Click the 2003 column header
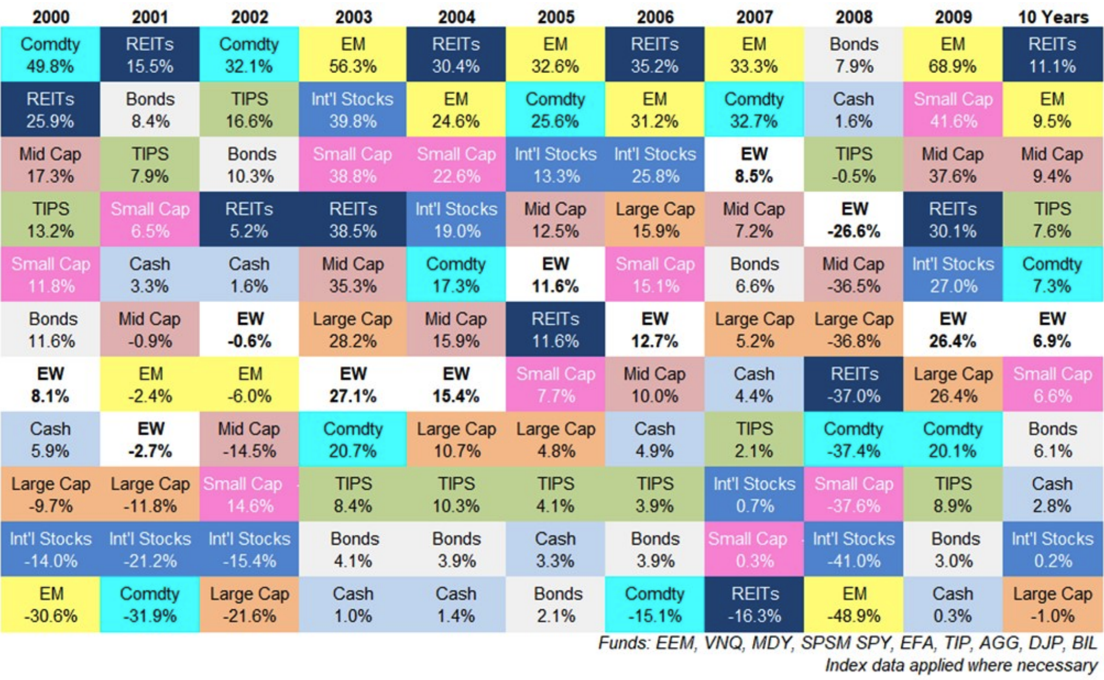(x=353, y=16)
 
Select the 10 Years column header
(x=1052, y=16)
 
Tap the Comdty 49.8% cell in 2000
(x=50, y=55)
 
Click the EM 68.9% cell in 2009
(x=953, y=55)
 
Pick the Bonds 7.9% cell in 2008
(x=853, y=55)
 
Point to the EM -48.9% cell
(x=853, y=604)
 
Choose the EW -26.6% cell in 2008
(x=853, y=220)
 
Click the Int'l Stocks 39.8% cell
(x=352, y=110)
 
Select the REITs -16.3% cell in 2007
(x=754, y=604)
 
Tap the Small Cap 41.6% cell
(x=953, y=110)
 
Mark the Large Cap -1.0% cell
(x=1052, y=604)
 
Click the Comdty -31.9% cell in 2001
(x=150, y=604)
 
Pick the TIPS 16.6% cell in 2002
(x=249, y=110)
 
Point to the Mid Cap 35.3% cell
(x=352, y=275)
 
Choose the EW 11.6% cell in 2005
(x=555, y=275)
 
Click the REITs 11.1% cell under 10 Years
(x=1052, y=55)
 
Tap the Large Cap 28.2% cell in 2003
(x=352, y=330)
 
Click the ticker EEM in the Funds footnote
(x=676, y=643)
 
